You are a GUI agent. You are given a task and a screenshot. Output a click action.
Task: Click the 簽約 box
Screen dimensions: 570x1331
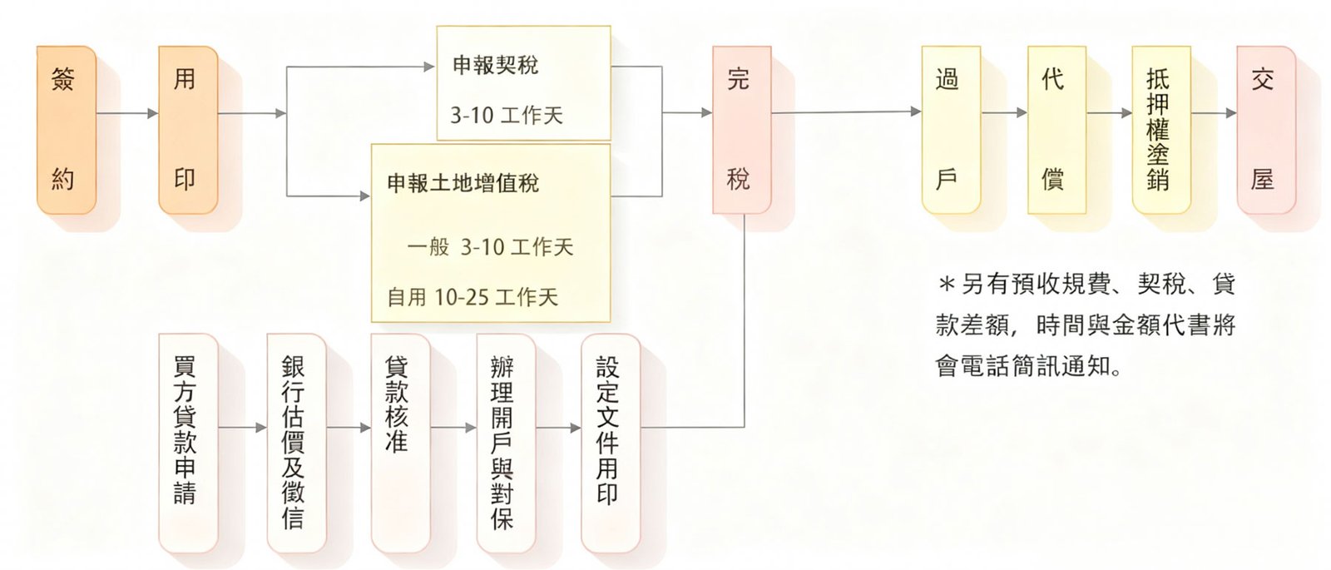[x=66, y=129]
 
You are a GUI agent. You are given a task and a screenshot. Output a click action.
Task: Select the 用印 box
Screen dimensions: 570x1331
[x=187, y=129]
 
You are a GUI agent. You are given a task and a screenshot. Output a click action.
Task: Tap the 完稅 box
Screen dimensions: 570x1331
[x=741, y=129]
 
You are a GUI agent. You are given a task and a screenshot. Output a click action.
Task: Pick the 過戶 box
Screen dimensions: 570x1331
[x=950, y=129]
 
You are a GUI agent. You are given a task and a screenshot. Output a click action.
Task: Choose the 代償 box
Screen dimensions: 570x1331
[x=1056, y=129]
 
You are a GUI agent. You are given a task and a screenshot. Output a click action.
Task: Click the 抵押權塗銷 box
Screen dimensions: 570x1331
[x=1160, y=129]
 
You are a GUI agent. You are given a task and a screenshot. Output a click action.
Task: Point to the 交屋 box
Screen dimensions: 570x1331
[x=1265, y=129]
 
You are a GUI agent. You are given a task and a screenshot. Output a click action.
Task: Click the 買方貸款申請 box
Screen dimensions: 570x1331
[x=187, y=442]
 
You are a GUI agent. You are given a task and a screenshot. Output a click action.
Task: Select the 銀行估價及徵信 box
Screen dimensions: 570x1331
[x=295, y=442]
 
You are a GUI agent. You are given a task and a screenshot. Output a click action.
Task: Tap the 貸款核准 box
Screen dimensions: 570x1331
[x=400, y=442]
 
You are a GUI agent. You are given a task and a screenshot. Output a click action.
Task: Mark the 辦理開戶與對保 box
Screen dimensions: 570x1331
[x=505, y=442]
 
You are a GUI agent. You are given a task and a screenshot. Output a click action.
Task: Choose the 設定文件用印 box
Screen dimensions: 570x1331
[x=610, y=442]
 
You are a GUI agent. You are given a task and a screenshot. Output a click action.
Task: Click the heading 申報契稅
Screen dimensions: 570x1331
[x=495, y=65]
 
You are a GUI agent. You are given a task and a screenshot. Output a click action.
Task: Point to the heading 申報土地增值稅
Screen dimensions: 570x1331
[x=463, y=183]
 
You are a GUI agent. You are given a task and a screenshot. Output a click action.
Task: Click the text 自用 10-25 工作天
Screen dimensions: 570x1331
[x=473, y=297]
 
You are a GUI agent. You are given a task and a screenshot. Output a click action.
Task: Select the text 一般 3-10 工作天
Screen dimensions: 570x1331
[x=490, y=247]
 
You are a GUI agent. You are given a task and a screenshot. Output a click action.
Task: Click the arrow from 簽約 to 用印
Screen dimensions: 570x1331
[x=127, y=113]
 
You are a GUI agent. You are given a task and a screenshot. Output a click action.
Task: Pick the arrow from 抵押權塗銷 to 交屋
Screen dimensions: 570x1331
[x=1214, y=113]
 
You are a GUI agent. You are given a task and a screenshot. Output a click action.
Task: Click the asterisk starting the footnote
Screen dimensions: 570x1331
[x=946, y=285]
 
